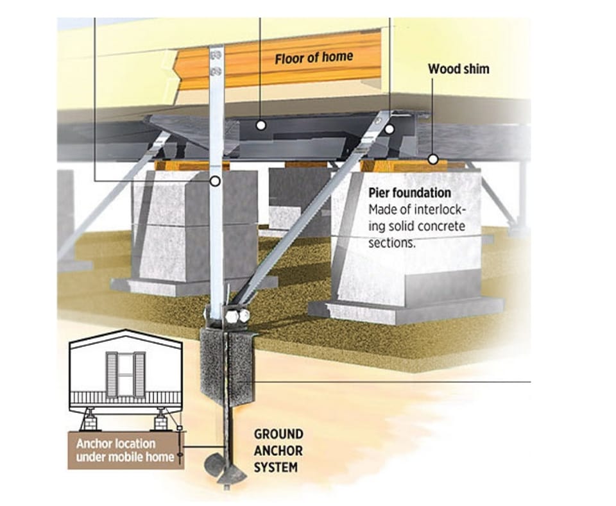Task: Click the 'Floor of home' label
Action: tap(314, 58)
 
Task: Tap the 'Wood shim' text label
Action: tap(458, 69)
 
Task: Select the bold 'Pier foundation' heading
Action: tap(410, 193)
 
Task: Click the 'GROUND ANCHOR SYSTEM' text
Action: tap(278, 451)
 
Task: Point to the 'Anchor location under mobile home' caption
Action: tap(125, 450)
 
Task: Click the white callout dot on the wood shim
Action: tap(433, 160)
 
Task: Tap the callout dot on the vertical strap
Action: tap(215, 181)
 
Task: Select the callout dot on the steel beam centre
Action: tap(261, 126)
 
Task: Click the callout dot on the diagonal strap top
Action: tap(389, 129)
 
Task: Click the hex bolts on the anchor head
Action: tap(237, 316)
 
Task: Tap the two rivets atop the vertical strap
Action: tap(216, 63)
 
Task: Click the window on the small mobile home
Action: tap(125, 374)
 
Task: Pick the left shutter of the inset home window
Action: tap(112, 374)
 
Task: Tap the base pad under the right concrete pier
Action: tap(406, 311)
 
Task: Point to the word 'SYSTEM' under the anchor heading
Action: tap(276, 468)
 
